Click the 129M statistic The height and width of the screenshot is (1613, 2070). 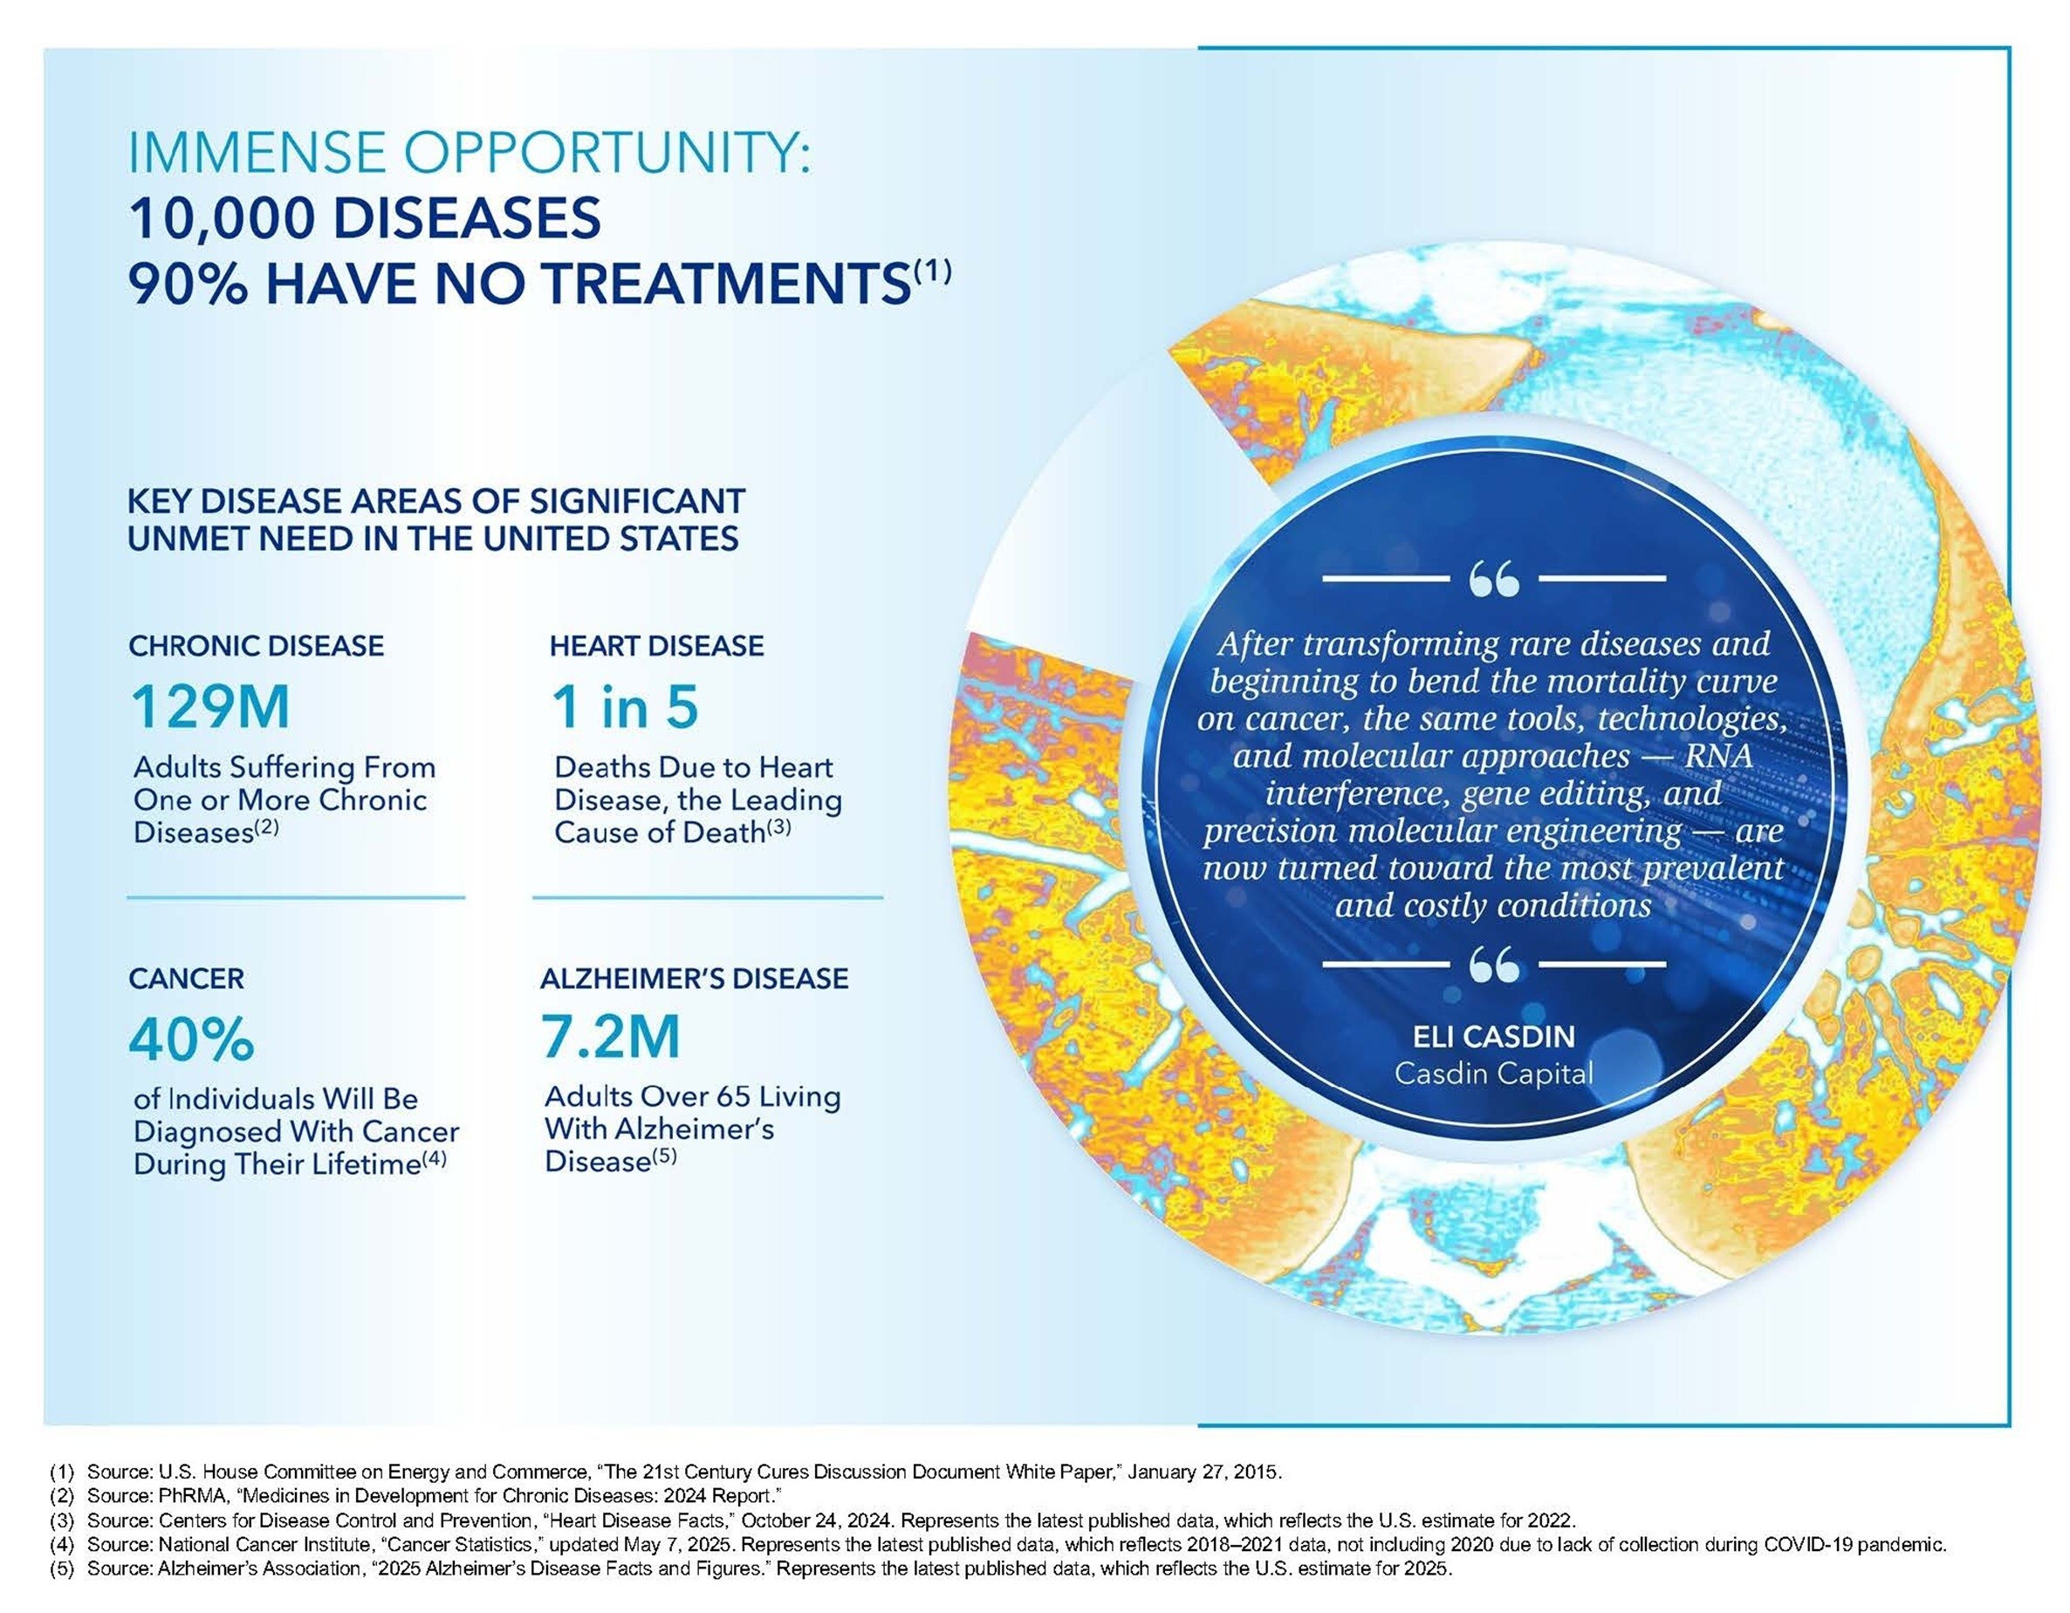point(209,707)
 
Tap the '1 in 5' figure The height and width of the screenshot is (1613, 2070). point(626,707)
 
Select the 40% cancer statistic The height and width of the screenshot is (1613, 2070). point(191,1040)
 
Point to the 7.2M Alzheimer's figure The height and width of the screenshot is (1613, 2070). point(610,1037)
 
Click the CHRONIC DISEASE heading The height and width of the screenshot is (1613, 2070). point(256,647)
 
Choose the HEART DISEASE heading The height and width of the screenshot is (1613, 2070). point(657,647)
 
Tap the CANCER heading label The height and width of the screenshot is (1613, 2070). point(186,978)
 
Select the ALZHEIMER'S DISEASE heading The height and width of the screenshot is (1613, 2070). point(694,978)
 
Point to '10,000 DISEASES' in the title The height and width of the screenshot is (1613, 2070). point(365,218)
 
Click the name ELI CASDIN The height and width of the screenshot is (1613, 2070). point(1493,1036)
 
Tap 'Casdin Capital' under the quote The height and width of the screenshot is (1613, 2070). point(1493,1073)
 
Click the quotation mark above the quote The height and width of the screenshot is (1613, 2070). point(1494,577)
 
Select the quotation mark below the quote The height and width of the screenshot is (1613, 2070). point(1494,964)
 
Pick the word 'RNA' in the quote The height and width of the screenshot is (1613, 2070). point(1717,756)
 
